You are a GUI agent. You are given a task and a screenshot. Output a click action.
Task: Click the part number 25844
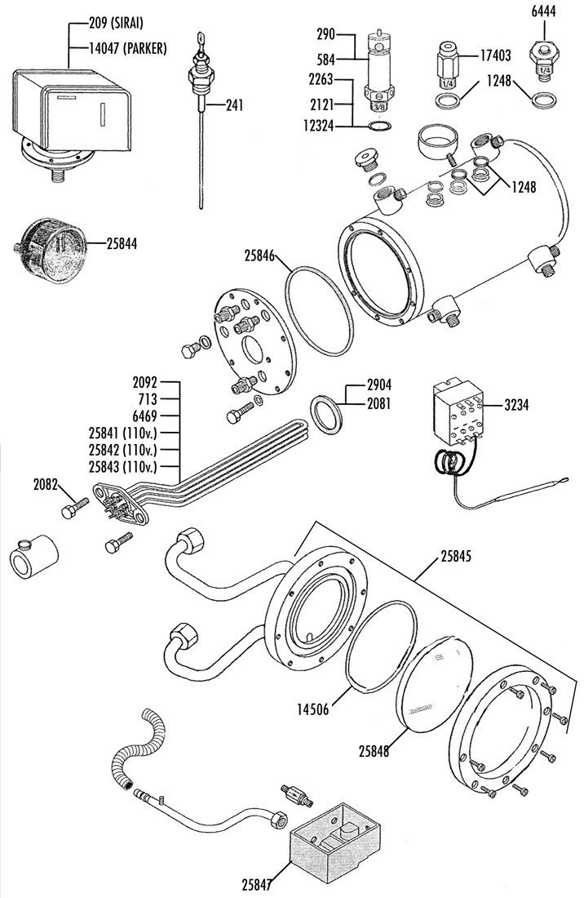122,244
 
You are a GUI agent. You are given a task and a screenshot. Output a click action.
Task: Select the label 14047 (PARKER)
127,49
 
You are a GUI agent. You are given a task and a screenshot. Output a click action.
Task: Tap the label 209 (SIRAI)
116,24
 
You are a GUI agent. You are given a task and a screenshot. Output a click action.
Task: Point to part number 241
234,105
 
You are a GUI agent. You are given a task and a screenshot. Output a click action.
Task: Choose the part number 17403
495,56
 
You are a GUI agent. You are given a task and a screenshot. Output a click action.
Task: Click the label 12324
318,126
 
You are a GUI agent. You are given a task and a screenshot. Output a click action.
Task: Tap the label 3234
516,405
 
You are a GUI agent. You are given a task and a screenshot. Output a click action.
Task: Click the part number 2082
45,484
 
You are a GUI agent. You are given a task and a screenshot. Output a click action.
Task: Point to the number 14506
313,710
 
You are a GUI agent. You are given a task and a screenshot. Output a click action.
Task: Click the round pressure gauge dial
51,250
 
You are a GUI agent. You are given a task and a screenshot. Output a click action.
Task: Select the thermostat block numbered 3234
458,411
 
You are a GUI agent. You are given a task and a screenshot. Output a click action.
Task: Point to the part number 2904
379,385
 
